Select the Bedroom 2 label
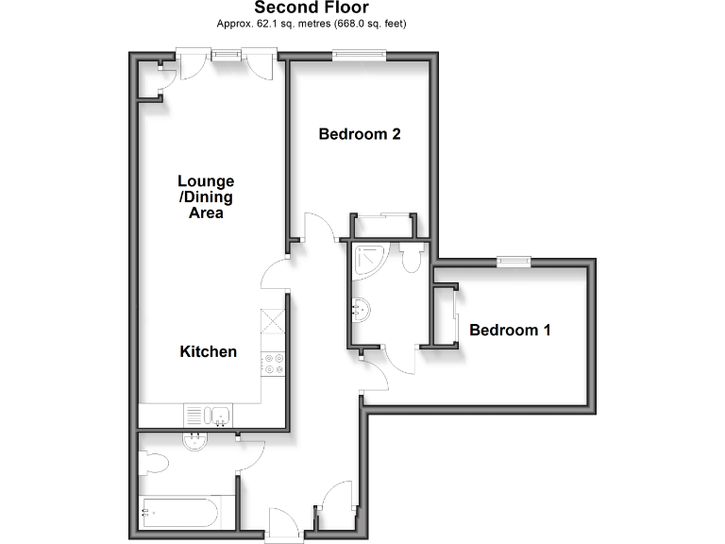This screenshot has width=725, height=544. [360, 134]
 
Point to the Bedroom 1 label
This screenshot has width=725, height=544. [510, 331]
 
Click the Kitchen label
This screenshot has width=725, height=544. [209, 351]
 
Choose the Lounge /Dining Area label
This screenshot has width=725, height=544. [206, 196]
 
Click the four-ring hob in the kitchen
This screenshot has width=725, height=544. [275, 363]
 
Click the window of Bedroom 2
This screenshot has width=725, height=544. [358, 56]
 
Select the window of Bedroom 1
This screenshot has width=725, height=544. [514, 262]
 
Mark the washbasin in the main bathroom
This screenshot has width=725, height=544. [197, 439]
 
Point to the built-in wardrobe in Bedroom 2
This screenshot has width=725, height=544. [382, 226]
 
